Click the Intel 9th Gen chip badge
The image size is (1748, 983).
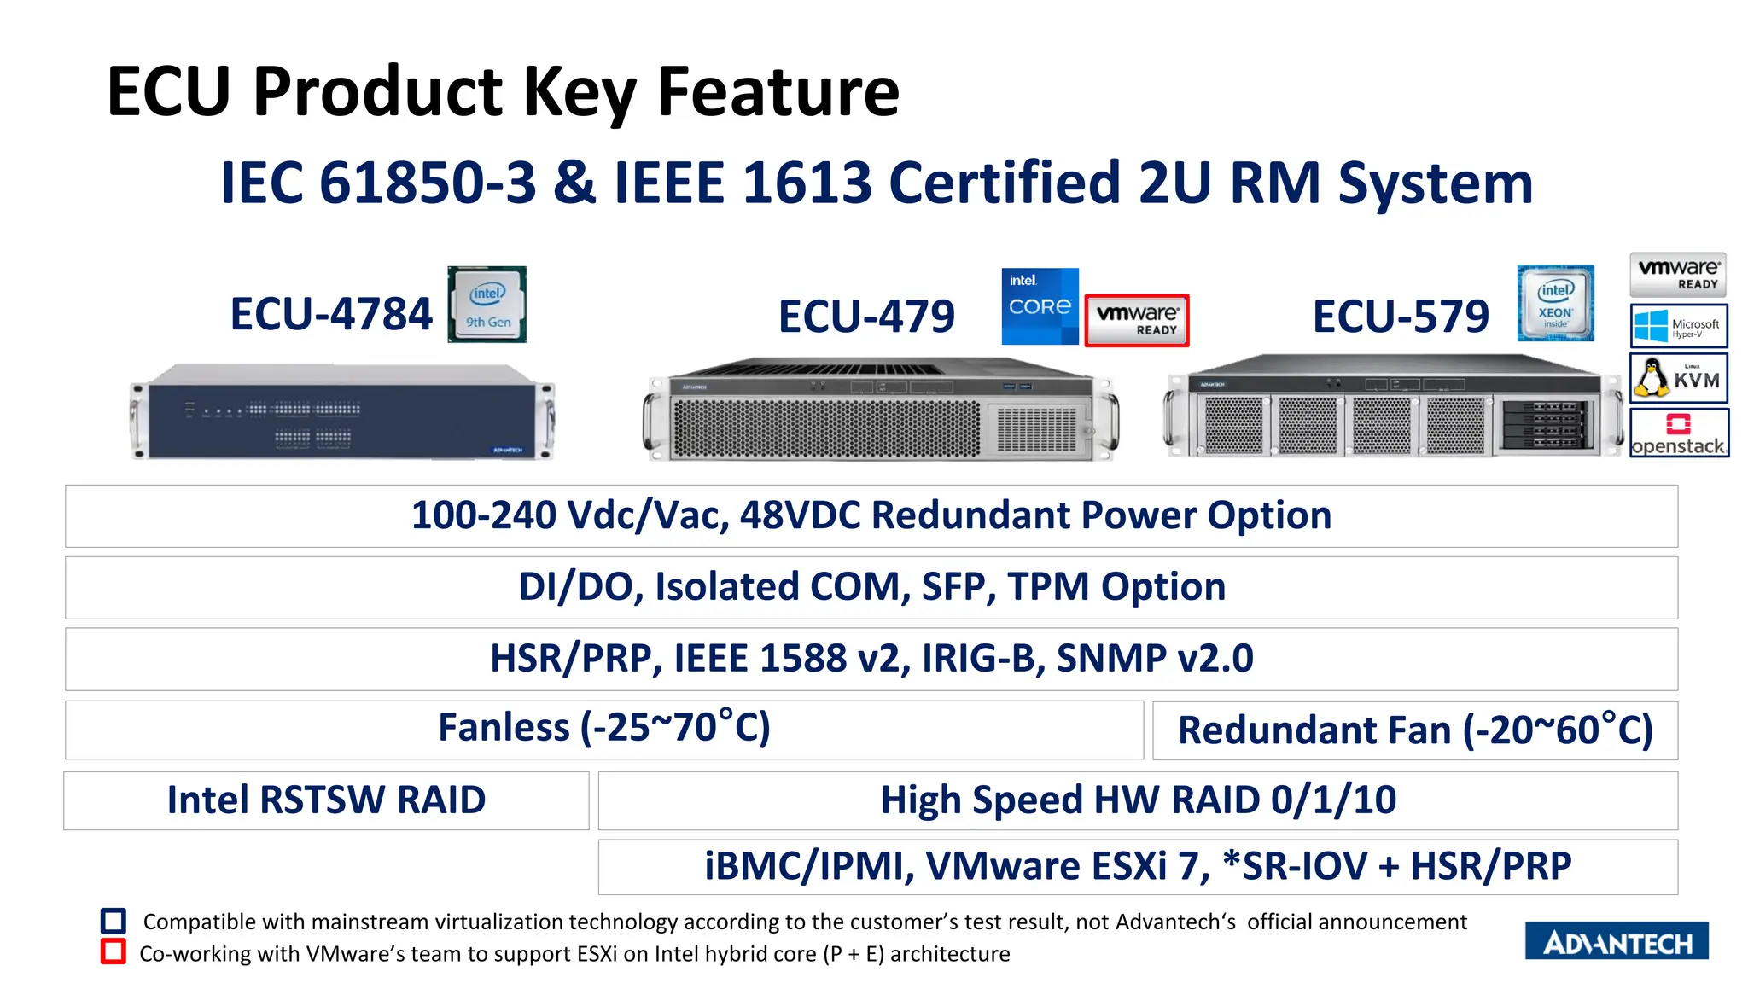487,305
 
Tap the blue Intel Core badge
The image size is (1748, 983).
1040,306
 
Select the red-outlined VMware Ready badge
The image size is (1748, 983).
1137,320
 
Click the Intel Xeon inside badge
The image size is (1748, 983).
1555,303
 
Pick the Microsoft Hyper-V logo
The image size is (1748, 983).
1678,325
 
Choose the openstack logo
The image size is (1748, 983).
1679,433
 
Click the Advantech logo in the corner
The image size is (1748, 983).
1617,941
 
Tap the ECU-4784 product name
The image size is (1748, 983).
331,314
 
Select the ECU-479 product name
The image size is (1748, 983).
866,317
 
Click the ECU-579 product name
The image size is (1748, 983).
1401,317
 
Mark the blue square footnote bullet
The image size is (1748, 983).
114,921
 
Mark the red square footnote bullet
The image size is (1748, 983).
114,951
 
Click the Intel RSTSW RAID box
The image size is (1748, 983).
326,800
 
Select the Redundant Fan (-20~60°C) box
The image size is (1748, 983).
1415,730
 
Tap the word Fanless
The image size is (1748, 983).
504,728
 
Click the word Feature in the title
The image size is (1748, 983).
778,91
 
